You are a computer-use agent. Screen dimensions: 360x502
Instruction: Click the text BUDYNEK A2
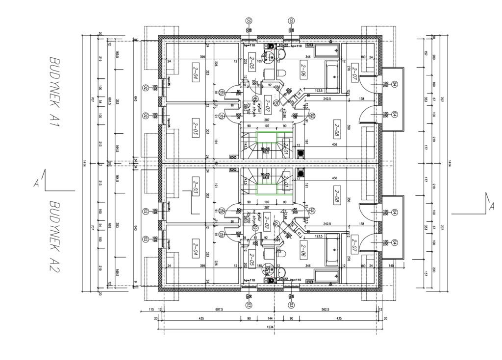tap(55, 237)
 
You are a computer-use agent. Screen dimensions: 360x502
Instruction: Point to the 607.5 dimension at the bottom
tap(219, 310)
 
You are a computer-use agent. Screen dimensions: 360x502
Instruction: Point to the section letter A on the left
tap(36, 184)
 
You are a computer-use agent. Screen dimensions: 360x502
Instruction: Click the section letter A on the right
tap(491, 207)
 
